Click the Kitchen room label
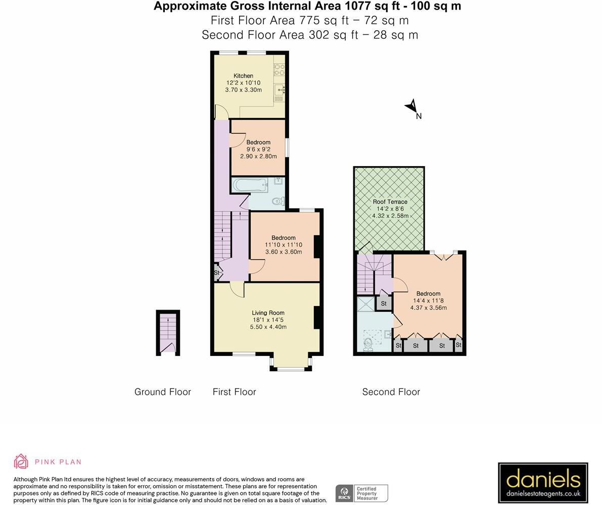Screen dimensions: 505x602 coord(243,76)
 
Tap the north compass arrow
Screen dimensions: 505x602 coord(411,107)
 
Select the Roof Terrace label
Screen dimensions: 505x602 coord(390,201)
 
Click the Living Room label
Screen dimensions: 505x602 coord(268,313)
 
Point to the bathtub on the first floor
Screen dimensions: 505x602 coord(250,185)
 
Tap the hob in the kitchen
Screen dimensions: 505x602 coord(279,70)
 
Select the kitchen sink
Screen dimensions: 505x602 coord(280,90)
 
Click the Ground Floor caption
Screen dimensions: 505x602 coord(162,392)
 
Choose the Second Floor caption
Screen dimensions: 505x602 coord(391,392)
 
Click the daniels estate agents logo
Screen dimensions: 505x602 coord(543,483)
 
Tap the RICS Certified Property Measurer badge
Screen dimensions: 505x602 coord(361,493)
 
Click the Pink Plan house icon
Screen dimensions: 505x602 coord(21,462)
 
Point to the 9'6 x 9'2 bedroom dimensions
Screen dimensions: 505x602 coord(258,149)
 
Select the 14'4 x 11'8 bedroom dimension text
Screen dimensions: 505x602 coord(428,300)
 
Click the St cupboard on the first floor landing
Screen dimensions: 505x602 coord(217,273)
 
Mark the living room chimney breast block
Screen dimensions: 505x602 coord(318,318)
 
